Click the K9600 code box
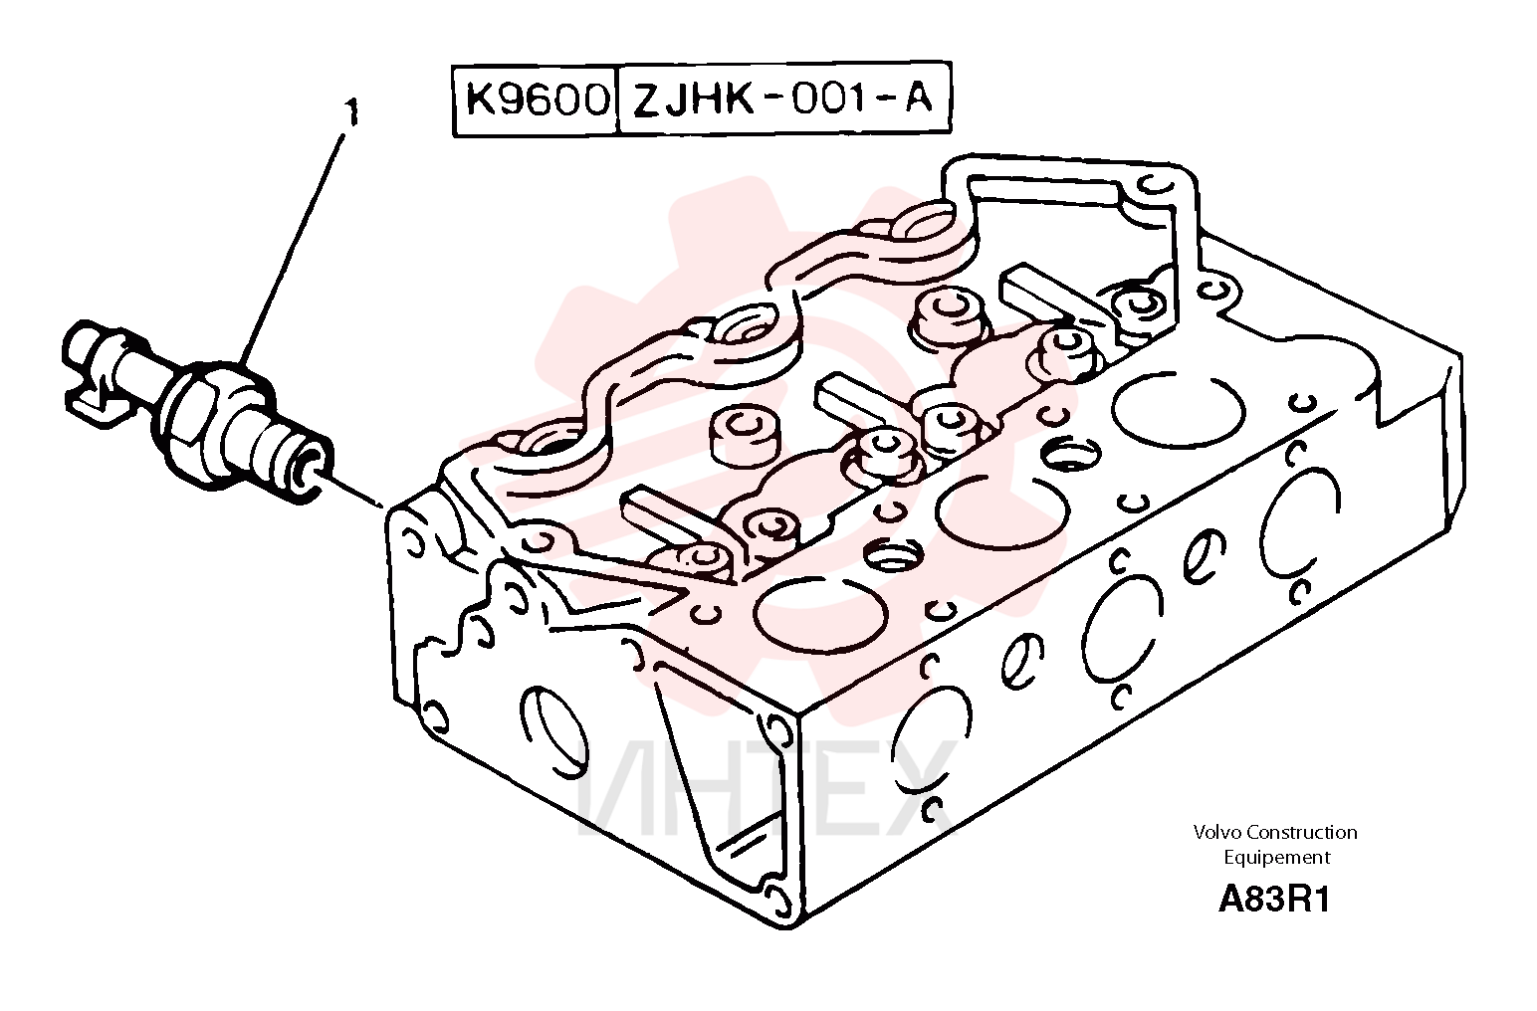[x=536, y=101]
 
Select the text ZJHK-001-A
[x=782, y=100]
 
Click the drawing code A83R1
[x=1274, y=900]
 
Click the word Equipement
[x=1276, y=858]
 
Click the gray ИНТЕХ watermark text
[x=766, y=792]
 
